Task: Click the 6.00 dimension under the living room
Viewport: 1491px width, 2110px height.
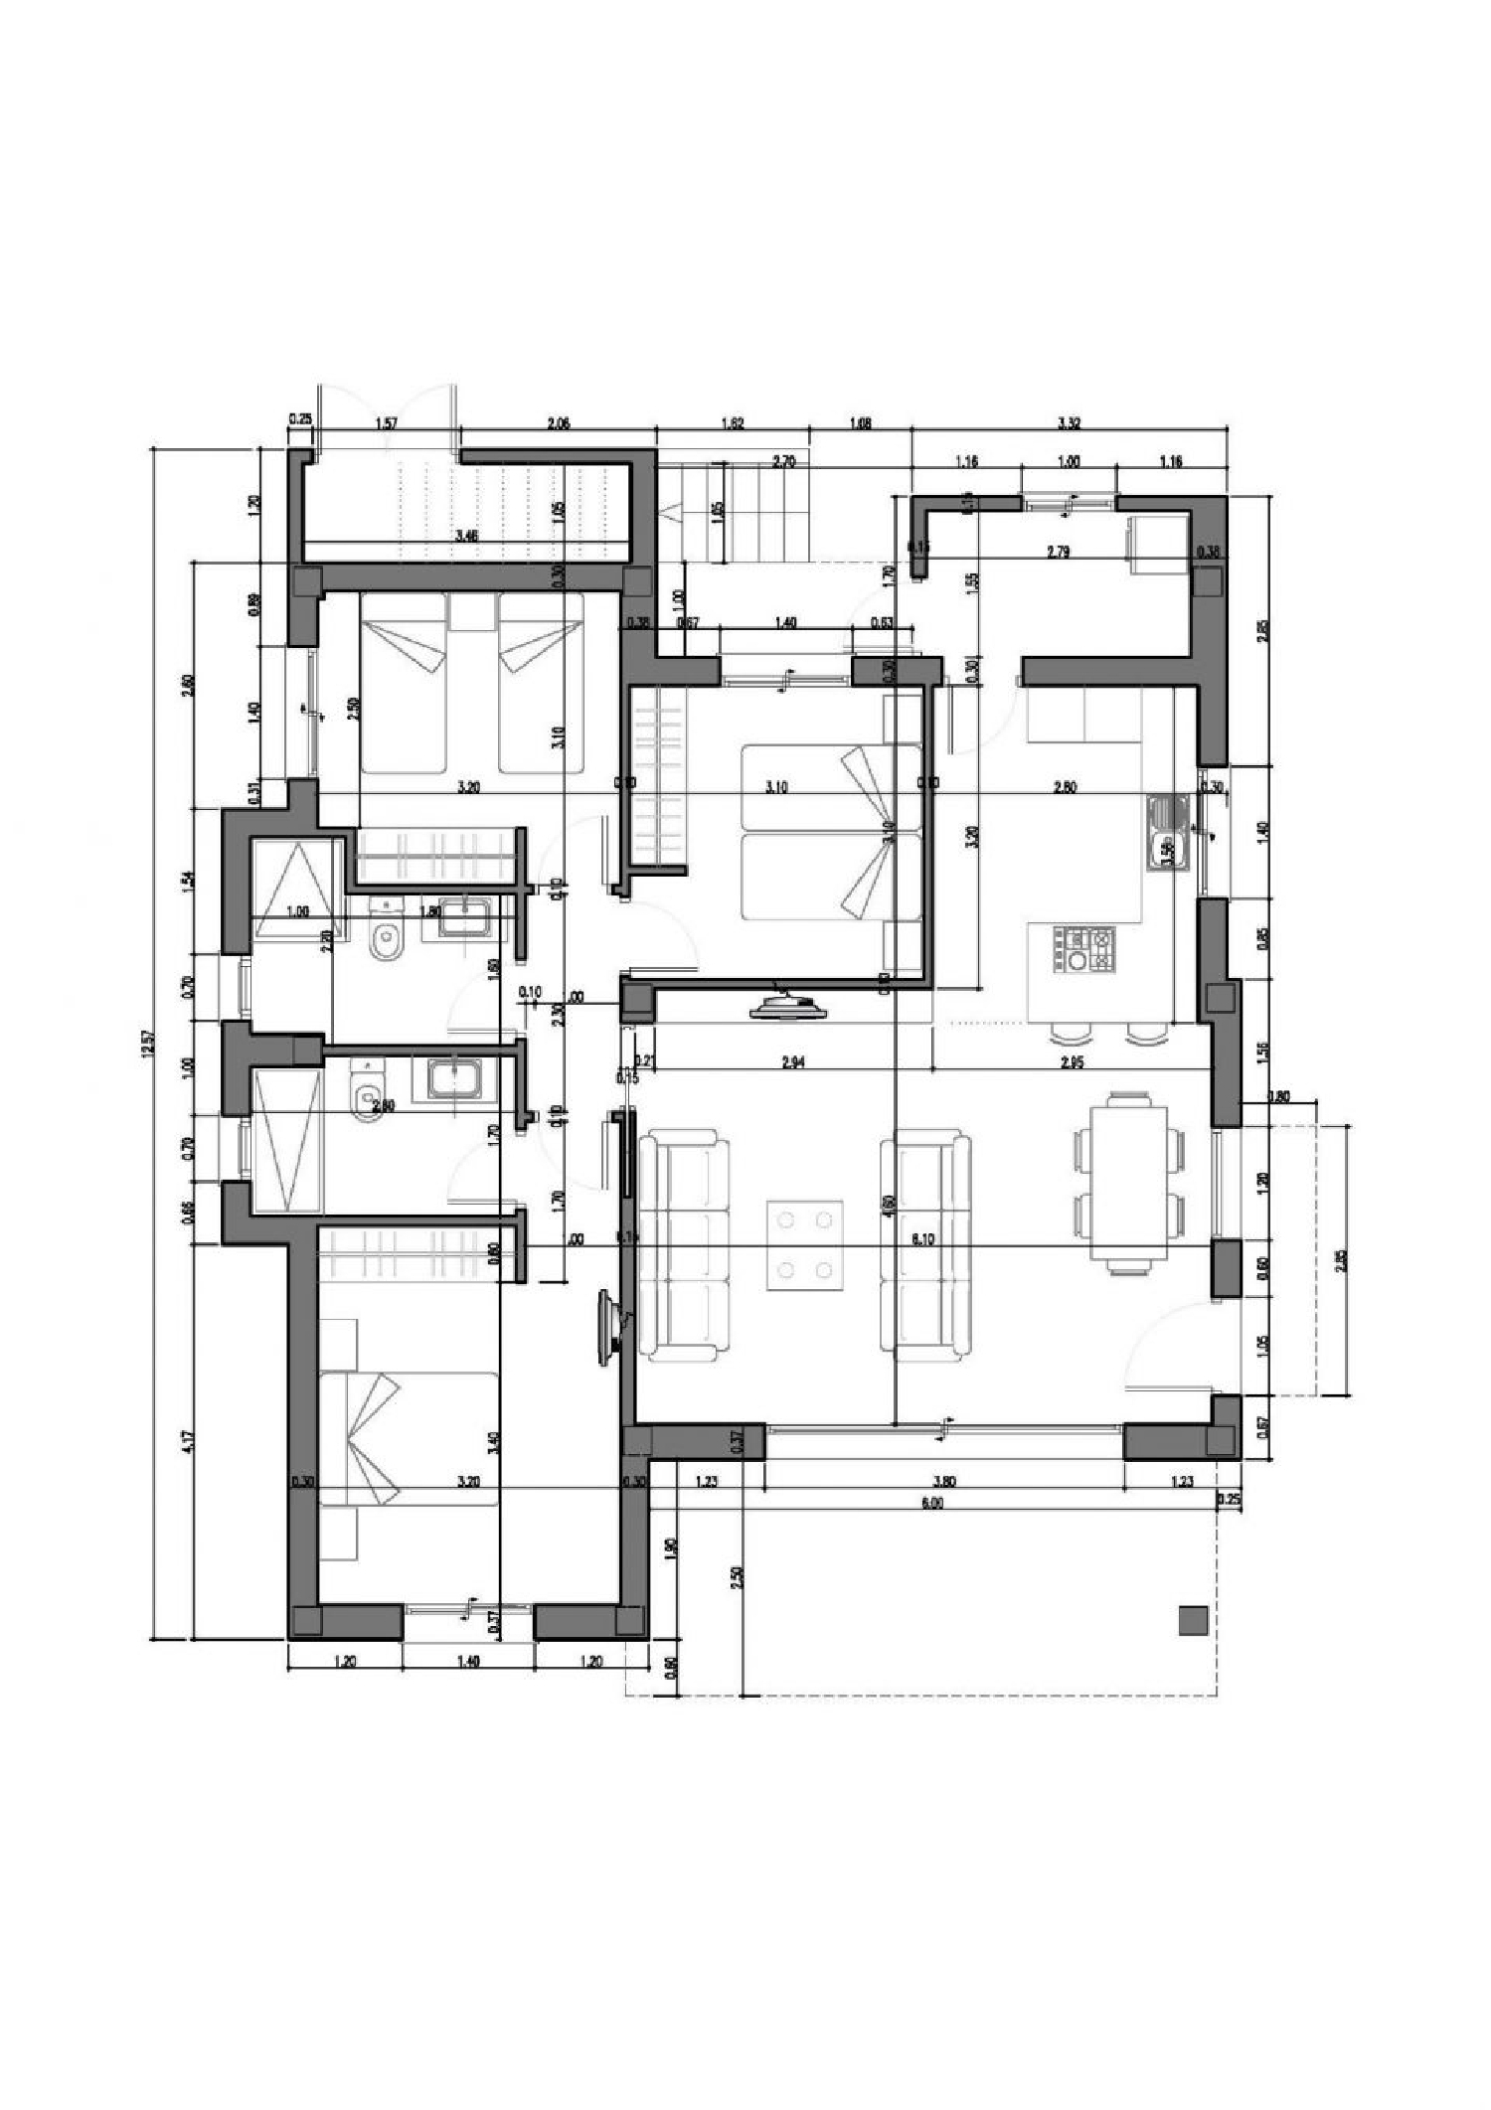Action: [931, 1504]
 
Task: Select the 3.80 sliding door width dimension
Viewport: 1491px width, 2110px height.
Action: [946, 1481]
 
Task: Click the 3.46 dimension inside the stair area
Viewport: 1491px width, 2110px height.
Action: [466, 537]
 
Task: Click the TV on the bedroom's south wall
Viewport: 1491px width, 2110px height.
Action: [789, 1008]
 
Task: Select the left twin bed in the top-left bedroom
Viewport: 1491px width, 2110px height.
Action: [403, 683]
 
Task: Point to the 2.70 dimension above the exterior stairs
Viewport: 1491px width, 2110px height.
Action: [783, 461]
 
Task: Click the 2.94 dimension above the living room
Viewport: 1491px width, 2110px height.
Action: [792, 1062]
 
